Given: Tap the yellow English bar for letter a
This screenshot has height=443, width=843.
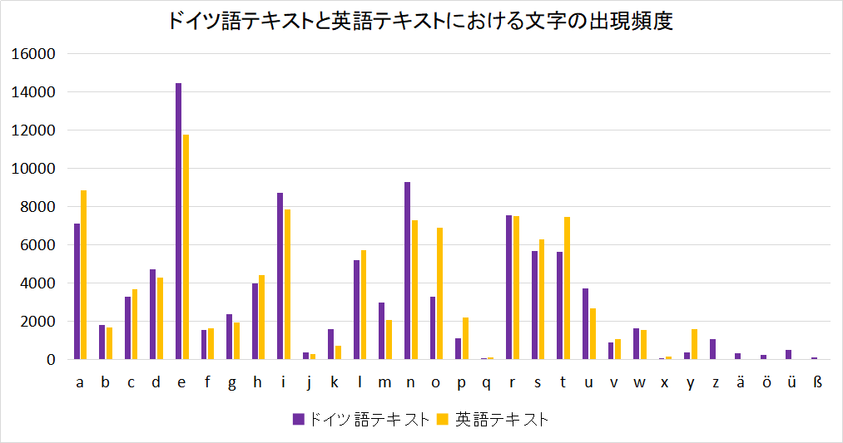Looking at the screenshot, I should point(84,275).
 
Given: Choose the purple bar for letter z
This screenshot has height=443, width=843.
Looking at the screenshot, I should point(712,349).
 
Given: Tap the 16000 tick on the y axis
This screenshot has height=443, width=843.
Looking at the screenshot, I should point(34,54).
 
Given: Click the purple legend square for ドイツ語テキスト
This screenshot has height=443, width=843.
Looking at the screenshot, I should point(298,420).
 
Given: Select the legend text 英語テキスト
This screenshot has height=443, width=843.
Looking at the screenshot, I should point(502,420).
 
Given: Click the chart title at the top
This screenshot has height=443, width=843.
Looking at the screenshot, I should point(420,22).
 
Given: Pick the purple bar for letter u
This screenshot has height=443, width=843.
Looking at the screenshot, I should point(585,324).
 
